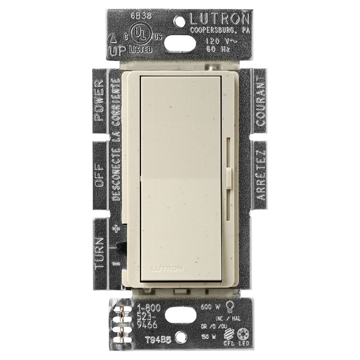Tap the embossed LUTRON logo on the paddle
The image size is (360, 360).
[x=167, y=268]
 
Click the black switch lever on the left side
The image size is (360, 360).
[x=122, y=247]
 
